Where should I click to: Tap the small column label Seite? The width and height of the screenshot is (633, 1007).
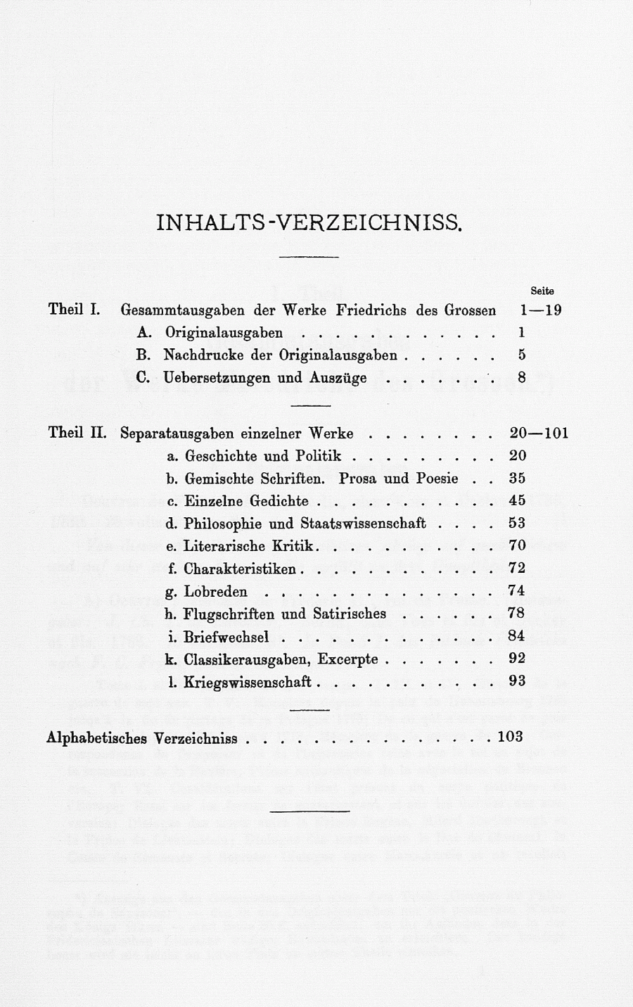pos(542,291)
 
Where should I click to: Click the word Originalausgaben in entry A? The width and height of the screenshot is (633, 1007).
pos(224,333)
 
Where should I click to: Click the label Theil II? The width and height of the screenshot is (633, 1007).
pos(77,433)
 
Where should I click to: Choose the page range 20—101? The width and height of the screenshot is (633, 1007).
pos(538,433)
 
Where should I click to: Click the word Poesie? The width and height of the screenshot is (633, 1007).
pos(437,479)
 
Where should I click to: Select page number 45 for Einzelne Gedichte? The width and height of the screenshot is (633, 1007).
pos(517,501)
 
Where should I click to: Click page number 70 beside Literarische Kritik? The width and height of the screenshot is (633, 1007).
pos(517,546)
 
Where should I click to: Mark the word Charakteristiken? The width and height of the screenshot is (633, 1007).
pos(239,569)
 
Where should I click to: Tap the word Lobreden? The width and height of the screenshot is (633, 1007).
pos(215,592)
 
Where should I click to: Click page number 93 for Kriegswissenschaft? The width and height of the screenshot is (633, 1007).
pos(517,682)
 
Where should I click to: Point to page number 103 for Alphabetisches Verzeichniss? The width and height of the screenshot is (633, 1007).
pos(510,737)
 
